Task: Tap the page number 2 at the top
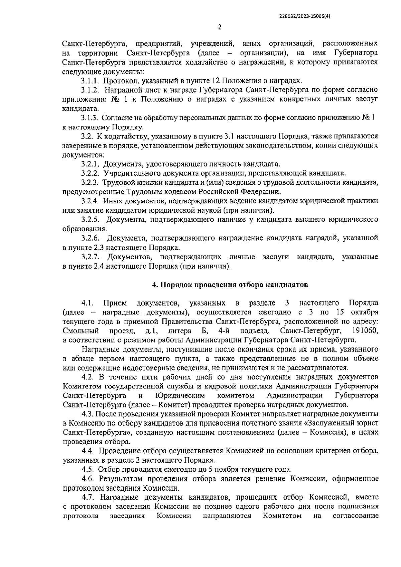(x=220, y=27)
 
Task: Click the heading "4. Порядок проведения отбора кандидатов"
(x=230, y=285)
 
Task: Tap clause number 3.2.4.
(x=90, y=201)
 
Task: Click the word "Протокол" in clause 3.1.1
(x=118, y=81)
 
